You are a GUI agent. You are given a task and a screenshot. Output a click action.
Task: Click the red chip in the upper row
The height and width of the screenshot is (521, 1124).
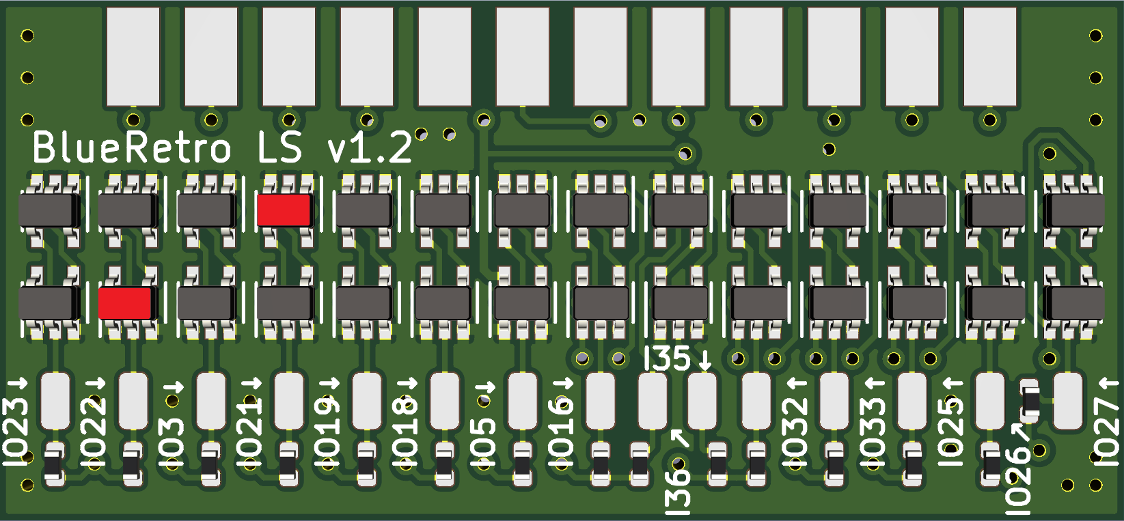[284, 210]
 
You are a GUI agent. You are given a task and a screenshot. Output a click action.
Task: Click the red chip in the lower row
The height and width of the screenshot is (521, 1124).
[125, 303]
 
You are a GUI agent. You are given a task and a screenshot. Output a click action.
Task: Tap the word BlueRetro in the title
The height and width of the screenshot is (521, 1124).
[132, 147]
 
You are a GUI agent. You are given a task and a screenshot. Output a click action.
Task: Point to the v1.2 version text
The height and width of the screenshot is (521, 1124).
[370, 148]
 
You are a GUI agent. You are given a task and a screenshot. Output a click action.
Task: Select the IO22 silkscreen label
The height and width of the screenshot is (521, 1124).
[94, 432]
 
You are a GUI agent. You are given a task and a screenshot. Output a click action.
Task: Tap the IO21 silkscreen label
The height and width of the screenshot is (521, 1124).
[249, 432]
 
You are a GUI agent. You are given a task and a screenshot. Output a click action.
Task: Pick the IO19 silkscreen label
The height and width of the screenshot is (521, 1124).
[327, 432]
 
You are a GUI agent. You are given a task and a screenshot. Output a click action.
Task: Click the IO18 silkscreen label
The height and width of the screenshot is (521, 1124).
[405, 432]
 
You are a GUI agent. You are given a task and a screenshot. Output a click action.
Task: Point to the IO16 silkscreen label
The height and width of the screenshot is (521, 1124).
[560, 432]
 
